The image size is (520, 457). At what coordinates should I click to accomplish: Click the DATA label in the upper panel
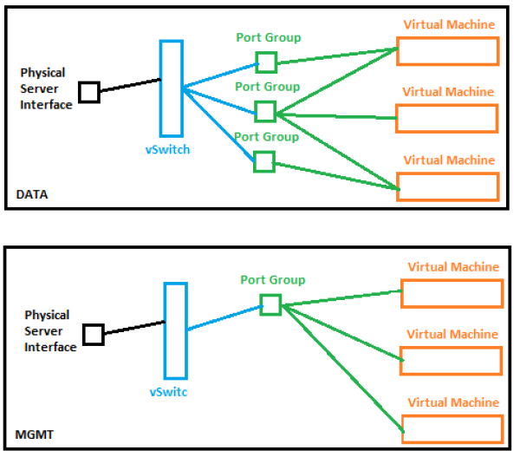tap(32, 194)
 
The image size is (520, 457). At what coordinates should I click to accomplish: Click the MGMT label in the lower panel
tap(34, 434)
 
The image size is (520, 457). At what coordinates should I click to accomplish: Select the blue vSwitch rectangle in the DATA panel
tap(160, 88)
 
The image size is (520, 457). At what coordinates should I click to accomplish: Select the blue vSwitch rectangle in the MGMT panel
tap(165, 331)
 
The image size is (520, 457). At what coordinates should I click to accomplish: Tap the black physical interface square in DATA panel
tap(80, 92)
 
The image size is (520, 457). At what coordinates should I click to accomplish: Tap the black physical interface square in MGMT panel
tap(84, 335)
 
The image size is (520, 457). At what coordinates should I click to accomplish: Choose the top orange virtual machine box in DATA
tap(448, 38)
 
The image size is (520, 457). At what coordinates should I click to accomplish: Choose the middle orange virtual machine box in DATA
tap(446, 106)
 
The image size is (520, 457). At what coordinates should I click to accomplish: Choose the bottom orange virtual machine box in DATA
tap(448, 173)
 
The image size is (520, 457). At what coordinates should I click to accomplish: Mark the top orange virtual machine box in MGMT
tap(452, 281)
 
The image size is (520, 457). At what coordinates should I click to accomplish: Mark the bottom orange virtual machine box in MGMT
tap(452, 416)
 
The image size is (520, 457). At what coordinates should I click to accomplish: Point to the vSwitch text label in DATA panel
tap(167, 150)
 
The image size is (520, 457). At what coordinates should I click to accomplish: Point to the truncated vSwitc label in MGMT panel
tap(168, 392)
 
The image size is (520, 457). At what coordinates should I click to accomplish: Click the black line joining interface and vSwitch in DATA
tap(130, 85)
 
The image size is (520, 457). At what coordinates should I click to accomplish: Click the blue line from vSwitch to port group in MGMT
tap(225, 317)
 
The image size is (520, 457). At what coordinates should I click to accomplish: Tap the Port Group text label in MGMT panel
tap(273, 280)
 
